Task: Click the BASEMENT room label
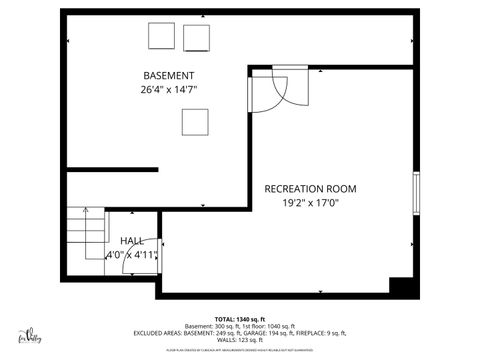pos(168,76)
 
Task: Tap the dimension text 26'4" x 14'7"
pos(169,89)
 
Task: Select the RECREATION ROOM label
pos(310,188)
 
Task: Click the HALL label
pos(131,242)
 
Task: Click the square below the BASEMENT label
pos(195,121)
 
